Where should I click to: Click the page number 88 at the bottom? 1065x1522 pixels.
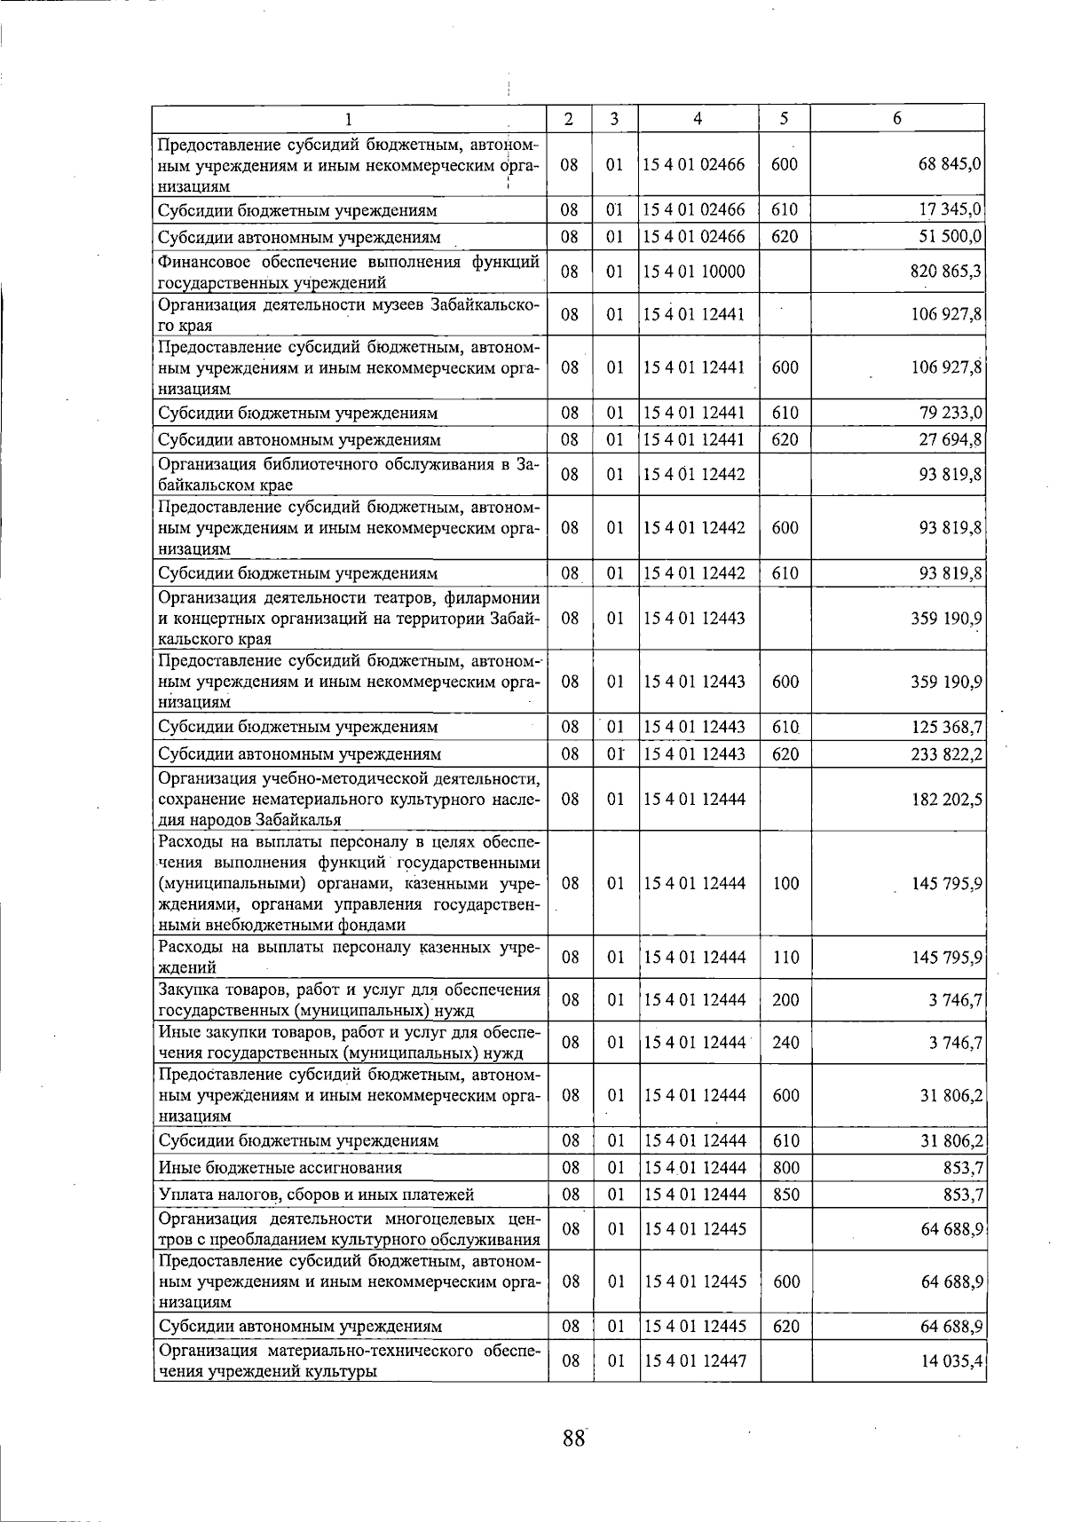click(574, 1437)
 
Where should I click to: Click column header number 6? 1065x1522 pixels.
click(897, 118)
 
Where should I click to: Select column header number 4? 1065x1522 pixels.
click(698, 118)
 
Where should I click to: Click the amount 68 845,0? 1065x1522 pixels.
click(948, 164)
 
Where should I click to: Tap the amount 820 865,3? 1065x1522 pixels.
click(945, 272)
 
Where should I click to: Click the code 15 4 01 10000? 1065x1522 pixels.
click(694, 272)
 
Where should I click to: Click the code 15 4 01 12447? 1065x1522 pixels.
click(694, 1360)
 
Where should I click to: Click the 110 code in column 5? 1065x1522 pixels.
click(785, 958)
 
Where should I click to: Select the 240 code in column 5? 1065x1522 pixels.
click(785, 1043)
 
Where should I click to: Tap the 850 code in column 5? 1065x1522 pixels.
click(785, 1195)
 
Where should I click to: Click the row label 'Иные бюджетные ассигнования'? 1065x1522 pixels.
click(280, 1168)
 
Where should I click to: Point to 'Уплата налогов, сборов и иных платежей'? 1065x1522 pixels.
click(316, 1195)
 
